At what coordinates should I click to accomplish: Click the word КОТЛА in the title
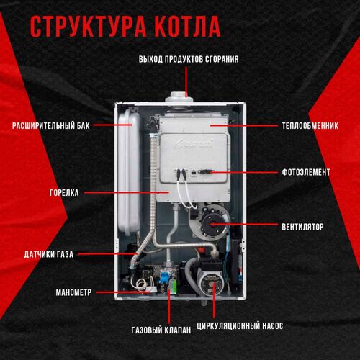(x=188, y=27)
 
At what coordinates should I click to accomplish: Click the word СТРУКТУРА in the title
(x=89, y=27)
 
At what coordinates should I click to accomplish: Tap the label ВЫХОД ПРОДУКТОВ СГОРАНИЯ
(x=189, y=59)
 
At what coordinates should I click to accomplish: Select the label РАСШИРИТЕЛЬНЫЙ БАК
(x=51, y=125)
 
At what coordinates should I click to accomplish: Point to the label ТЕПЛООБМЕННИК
(x=310, y=125)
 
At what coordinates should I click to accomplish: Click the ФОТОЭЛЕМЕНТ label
(x=306, y=172)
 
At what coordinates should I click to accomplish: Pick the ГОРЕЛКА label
(x=64, y=192)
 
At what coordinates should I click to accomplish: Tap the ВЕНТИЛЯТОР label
(x=302, y=227)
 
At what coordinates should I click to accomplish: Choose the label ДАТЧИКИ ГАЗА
(x=49, y=254)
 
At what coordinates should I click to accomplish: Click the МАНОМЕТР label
(x=73, y=292)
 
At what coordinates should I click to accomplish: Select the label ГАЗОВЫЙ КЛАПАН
(x=161, y=330)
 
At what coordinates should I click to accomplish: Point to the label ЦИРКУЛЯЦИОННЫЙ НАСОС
(x=240, y=325)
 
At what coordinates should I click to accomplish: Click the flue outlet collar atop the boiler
(x=179, y=97)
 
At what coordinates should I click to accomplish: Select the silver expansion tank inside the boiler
(x=129, y=171)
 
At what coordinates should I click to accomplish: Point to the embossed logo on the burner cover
(x=194, y=144)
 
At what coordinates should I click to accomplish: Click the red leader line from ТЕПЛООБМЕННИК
(x=244, y=125)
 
